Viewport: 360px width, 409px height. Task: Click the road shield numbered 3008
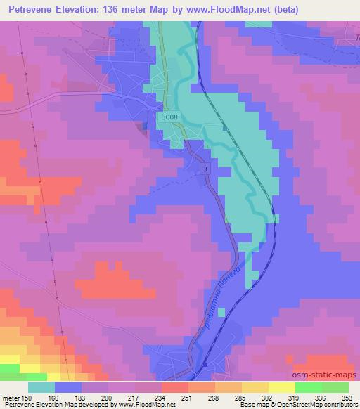click(168, 118)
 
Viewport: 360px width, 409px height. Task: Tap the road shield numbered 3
click(205, 169)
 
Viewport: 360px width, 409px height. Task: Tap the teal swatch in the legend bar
click(42, 387)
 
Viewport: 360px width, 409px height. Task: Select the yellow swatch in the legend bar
click(281, 387)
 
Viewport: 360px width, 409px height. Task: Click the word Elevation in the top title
click(85, 10)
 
